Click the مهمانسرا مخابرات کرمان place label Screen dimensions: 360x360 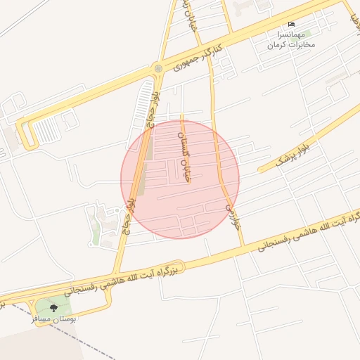click(x=290, y=39)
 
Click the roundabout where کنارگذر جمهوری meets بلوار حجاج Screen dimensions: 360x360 click(x=158, y=68)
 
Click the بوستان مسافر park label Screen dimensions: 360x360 click(x=53, y=319)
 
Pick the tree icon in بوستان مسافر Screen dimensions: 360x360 click(x=54, y=308)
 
